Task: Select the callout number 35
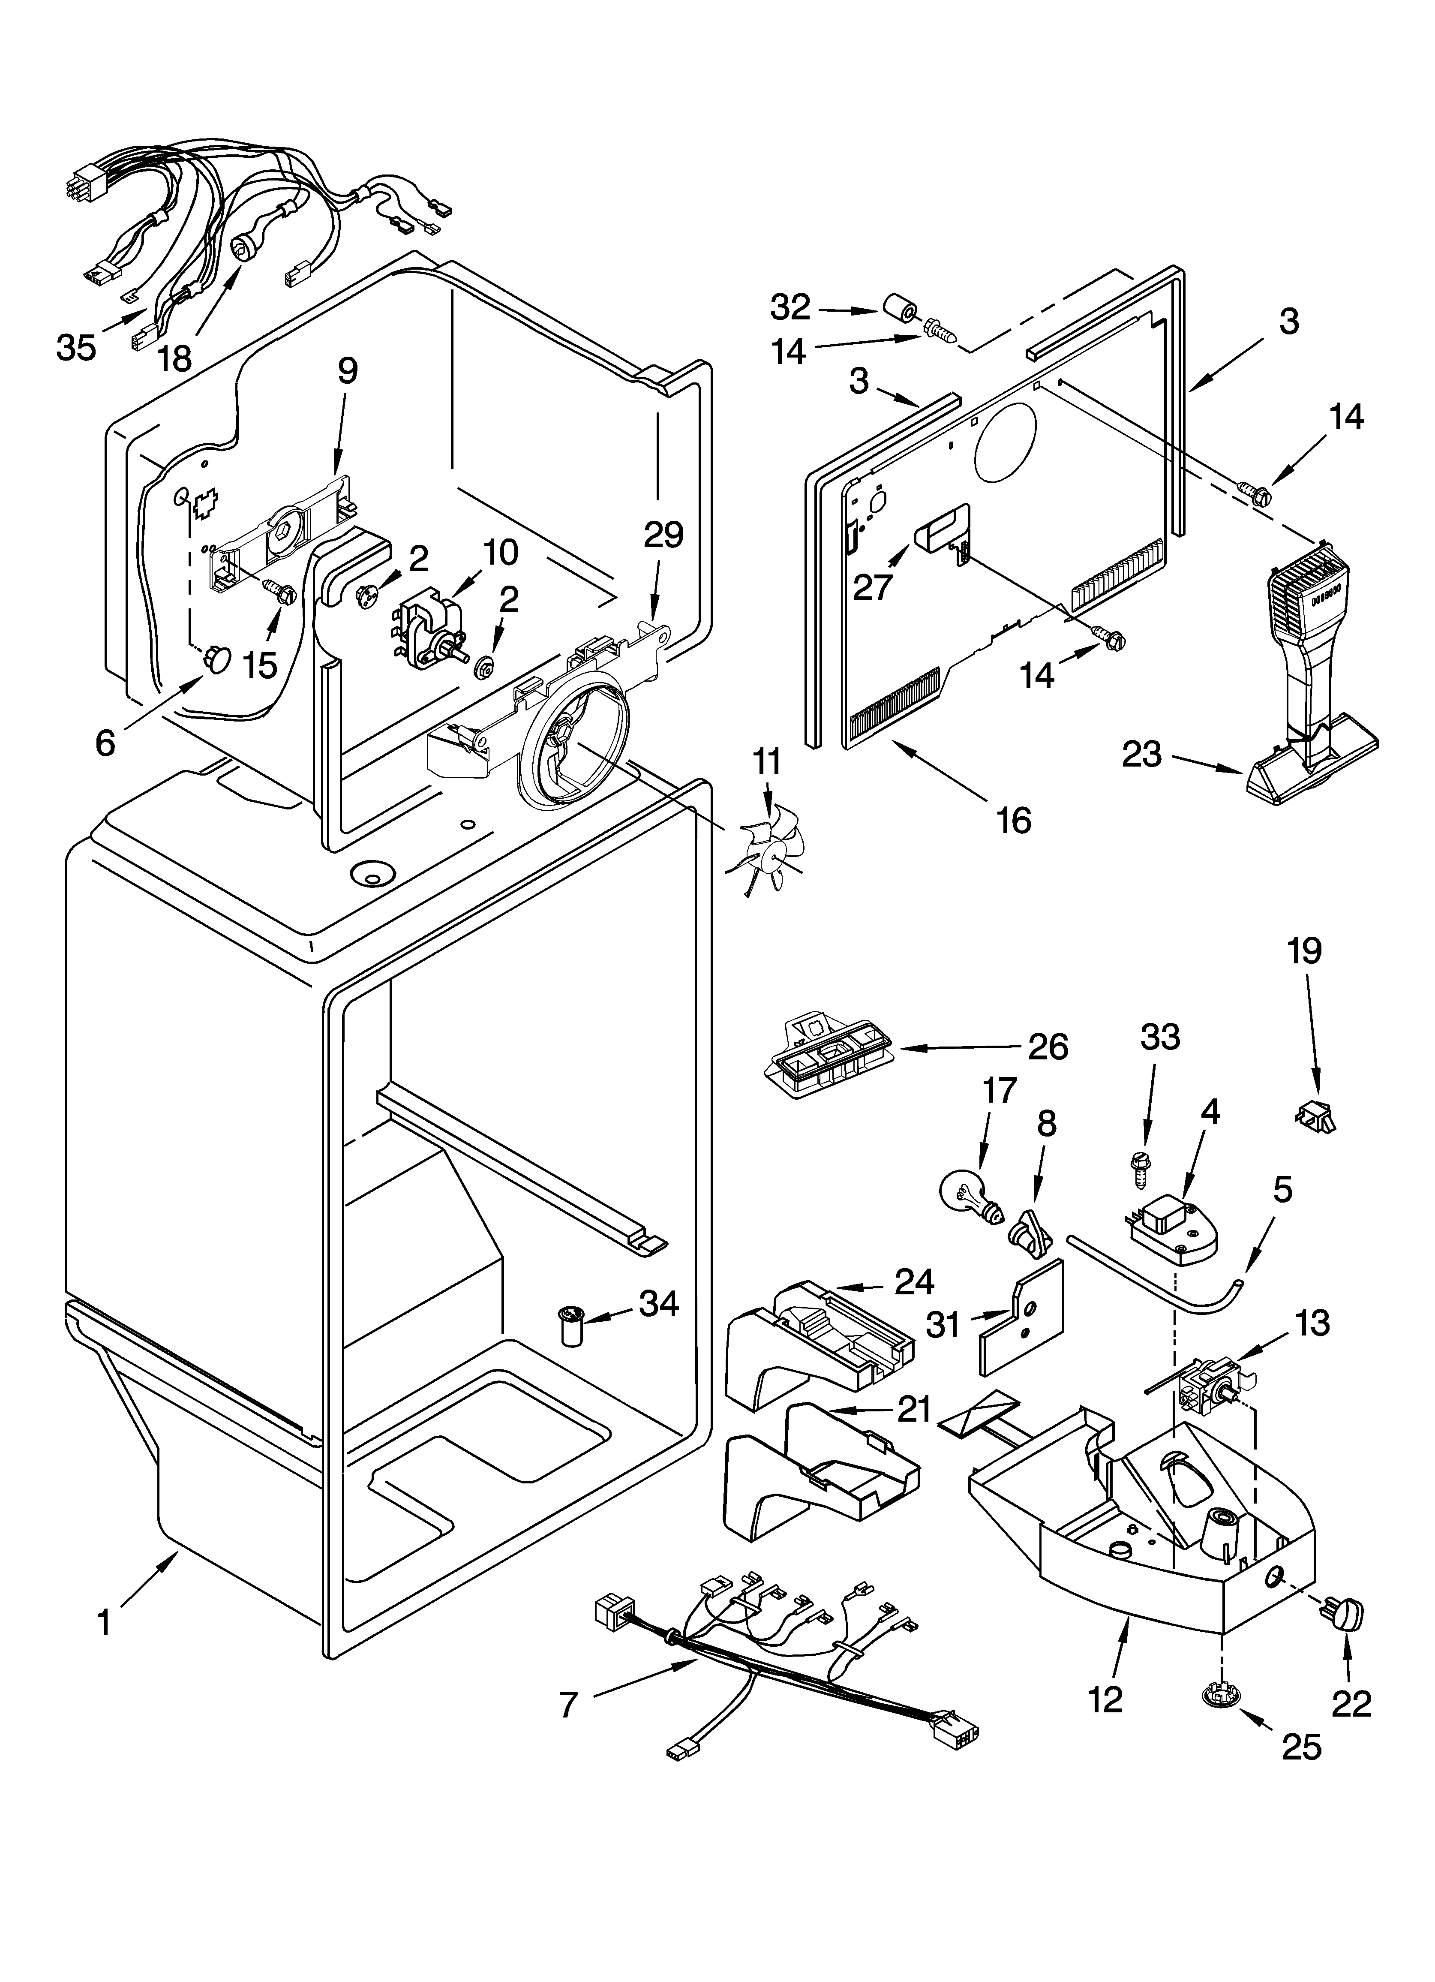click(76, 348)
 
